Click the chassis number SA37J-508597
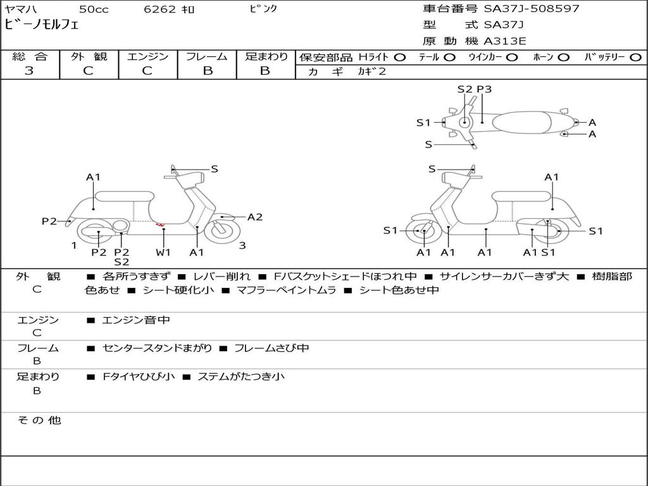(532, 9)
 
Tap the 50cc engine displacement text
(92, 9)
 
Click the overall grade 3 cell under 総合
(29, 71)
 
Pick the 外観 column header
(89, 57)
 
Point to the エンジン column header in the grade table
(147, 57)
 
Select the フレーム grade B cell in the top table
(207, 71)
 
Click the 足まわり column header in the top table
(266, 57)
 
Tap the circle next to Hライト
(400, 58)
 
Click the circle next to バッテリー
(635, 58)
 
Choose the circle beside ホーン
(564, 58)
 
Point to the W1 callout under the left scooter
(163, 252)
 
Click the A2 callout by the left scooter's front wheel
(254, 217)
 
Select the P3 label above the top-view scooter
(484, 89)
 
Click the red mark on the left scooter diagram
(160, 225)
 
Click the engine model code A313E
(504, 41)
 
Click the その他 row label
(39, 420)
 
